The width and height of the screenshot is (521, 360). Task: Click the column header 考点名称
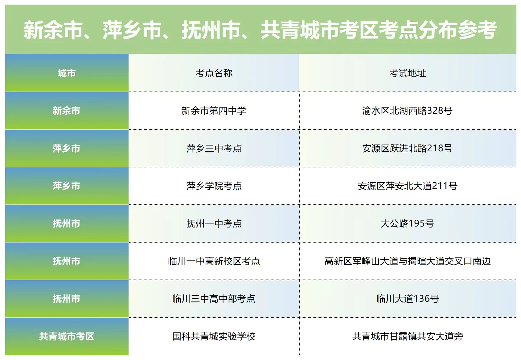click(x=214, y=73)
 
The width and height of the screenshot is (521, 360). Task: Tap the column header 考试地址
click(x=407, y=73)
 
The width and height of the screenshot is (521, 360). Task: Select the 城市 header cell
click(x=67, y=73)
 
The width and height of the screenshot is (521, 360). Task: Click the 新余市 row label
click(x=67, y=111)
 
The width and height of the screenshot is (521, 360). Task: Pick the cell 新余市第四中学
click(x=214, y=111)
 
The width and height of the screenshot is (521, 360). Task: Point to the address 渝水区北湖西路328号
click(x=407, y=111)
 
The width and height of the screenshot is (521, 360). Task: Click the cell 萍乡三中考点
click(x=214, y=148)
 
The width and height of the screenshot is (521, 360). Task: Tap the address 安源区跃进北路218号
click(x=407, y=148)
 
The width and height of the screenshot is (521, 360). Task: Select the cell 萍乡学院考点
click(x=214, y=186)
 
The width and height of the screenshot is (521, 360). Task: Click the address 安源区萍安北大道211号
click(x=407, y=186)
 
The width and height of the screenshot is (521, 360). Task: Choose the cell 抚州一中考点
click(x=214, y=224)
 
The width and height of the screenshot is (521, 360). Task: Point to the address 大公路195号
click(x=407, y=224)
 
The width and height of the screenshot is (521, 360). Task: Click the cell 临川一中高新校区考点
click(x=214, y=261)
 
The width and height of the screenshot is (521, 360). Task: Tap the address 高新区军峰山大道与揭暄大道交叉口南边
click(x=407, y=261)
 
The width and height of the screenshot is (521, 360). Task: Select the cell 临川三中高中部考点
click(x=214, y=299)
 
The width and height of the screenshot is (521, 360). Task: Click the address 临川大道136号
click(x=407, y=299)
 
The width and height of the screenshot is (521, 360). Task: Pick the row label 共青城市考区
click(x=67, y=337)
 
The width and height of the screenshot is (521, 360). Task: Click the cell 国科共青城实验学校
click(x=214, y=337)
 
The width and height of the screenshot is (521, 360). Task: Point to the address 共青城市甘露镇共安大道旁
click(x=407, y=337)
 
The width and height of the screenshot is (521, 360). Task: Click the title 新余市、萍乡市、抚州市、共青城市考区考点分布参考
click(x=260, y=30)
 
